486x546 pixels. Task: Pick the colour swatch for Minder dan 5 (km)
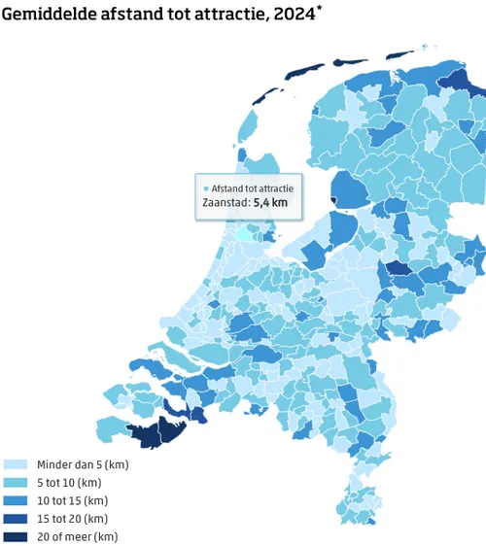pos(16,465)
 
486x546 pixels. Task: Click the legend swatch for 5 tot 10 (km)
pos(16,483)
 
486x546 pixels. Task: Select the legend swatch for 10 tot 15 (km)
pos(16,501)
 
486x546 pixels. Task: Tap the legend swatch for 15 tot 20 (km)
pos(16,519)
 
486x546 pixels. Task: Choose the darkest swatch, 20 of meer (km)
pos(16,536)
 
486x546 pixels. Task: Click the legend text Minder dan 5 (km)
pos(83,465)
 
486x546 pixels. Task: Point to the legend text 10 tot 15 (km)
pos(72,501)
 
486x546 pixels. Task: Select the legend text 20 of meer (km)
pos(77,536)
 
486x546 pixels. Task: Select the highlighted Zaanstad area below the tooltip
pos(242,234)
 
